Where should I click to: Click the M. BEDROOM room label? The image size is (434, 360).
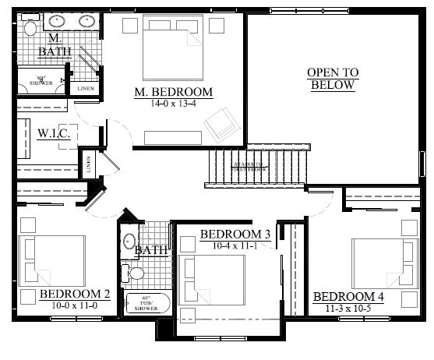(173, 92)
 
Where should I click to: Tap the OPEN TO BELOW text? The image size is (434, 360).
(333, 78)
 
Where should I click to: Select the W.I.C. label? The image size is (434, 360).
(55, 133)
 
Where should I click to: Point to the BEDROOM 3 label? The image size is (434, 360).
(235, 235)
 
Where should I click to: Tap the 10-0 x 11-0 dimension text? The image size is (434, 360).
(75, 305)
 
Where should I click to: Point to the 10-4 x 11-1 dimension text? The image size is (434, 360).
(235, 246)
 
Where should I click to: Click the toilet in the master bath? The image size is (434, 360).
(29, 29)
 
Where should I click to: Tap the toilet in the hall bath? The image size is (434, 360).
(134, 274)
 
